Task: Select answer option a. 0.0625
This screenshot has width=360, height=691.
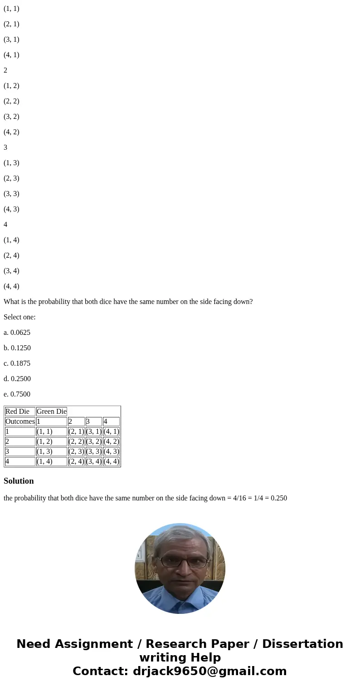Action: [17, 333]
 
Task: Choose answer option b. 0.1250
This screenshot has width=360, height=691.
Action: [17, 348]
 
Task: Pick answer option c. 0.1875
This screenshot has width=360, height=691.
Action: [17, 363]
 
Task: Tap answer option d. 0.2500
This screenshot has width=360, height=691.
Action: [17, 379]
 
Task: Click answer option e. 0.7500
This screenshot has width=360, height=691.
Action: [17, 394]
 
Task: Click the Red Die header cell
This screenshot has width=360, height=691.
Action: [18, 412]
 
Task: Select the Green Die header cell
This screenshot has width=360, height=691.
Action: [52, 412]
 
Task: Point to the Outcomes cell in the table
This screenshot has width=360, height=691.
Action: [20, 421]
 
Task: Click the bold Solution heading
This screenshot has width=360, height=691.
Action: [19, 481]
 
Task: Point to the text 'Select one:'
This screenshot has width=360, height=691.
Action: [19, 317]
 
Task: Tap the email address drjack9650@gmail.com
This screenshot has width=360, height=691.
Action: [209, 671]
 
